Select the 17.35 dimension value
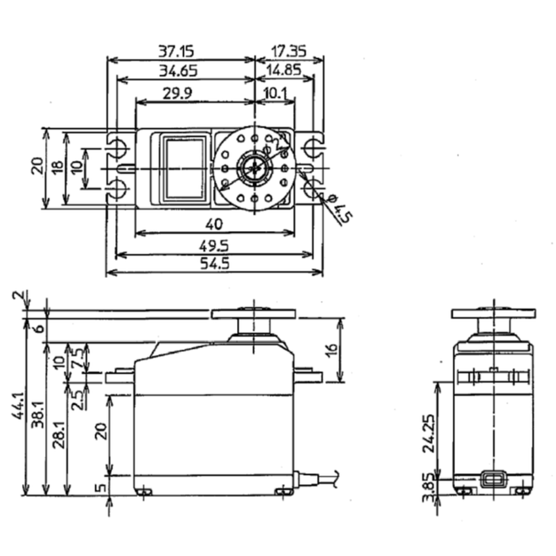pyautogui.click(x=288, y=50)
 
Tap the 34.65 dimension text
pyautogui.click(x=178, y=71)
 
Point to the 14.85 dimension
pyautogui.click(x=283, y=70)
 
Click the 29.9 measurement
pyautogui.click(x=178, y=93)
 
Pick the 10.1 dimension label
pyautogui.click(x=275, y=93)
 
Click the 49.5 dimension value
pyautogui.click(x=214, y=246)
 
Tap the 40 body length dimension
pyautogui.click(x=214, y=224)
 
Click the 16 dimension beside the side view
pyautogui.click(x=333, y=348)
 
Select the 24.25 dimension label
pyautogui.click(x=429, y=433)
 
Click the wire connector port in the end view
pyautogui.click(x=494, y=480)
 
